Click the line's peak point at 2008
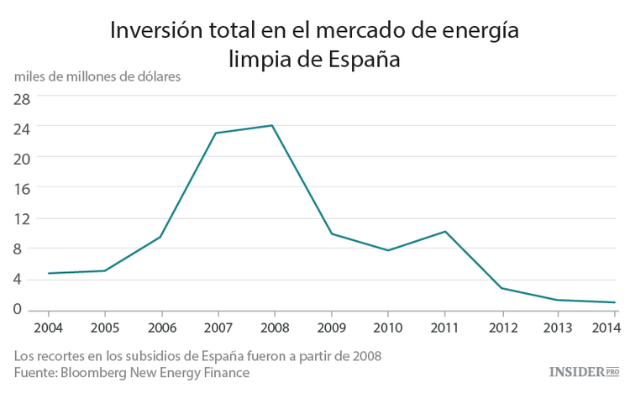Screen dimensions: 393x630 tap(273, 125)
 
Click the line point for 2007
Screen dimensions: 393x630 tap(217, 133)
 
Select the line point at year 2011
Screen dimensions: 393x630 tap(445, 231)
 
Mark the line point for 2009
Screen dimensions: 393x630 tap(331, 233)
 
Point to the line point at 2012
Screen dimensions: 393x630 tap(502, 288)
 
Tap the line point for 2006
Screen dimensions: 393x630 tap(160, 237)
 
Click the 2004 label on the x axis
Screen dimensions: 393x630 tap(47, 327)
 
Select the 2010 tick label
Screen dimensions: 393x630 tap(388, 327)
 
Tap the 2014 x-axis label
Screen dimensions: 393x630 tap(605, 327)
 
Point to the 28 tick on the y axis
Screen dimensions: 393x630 tap(22, 97)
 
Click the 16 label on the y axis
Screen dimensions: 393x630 tap(22, 188)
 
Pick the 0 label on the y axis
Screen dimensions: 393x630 tap(27, 309)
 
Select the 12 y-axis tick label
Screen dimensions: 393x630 tap(22, 218)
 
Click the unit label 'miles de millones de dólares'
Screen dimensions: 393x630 tap(97, 76)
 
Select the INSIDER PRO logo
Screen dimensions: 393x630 tap(583, 371)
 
